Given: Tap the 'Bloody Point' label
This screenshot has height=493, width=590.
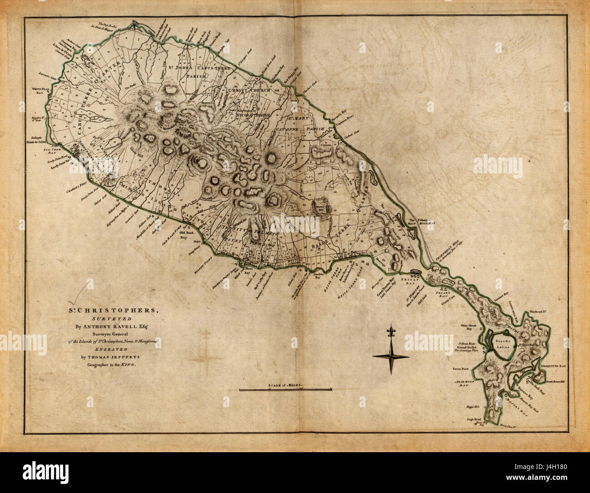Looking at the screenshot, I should point(199,264).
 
